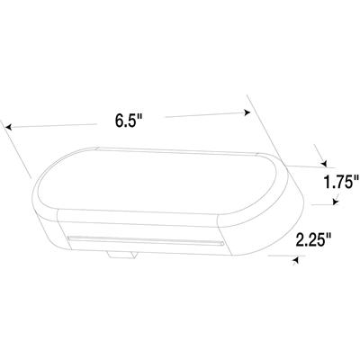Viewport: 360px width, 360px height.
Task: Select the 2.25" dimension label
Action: point(312,239)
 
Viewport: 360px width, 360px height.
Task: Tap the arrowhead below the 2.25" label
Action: point(295,259)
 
